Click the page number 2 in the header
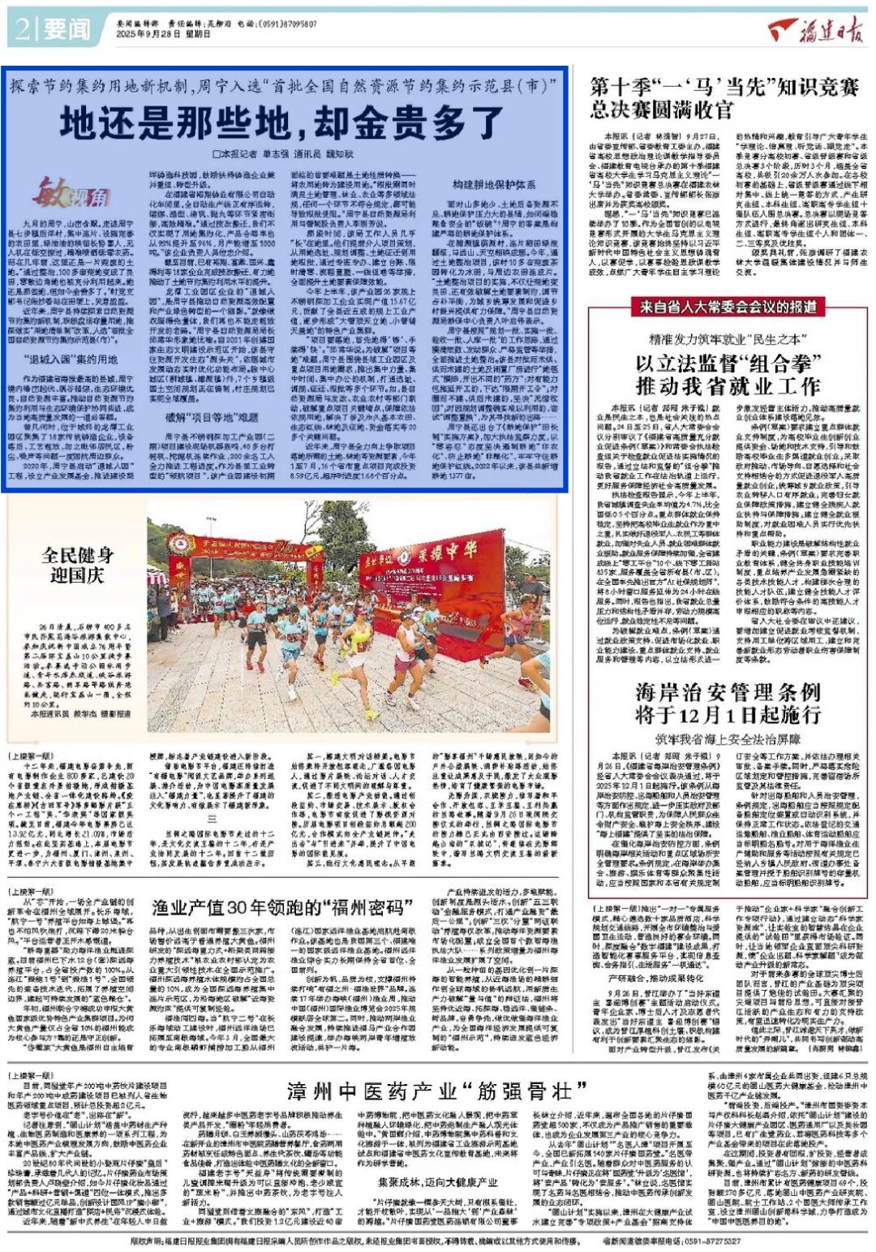coord(22,30)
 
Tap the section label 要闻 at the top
coord(67,30)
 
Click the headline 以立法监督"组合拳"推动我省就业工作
coord(728,374)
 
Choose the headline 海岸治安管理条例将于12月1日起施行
coord(728,703)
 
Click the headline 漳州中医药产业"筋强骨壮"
coord(437,1090)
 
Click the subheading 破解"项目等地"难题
coord(212,418)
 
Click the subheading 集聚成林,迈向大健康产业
coord(438,1181)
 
